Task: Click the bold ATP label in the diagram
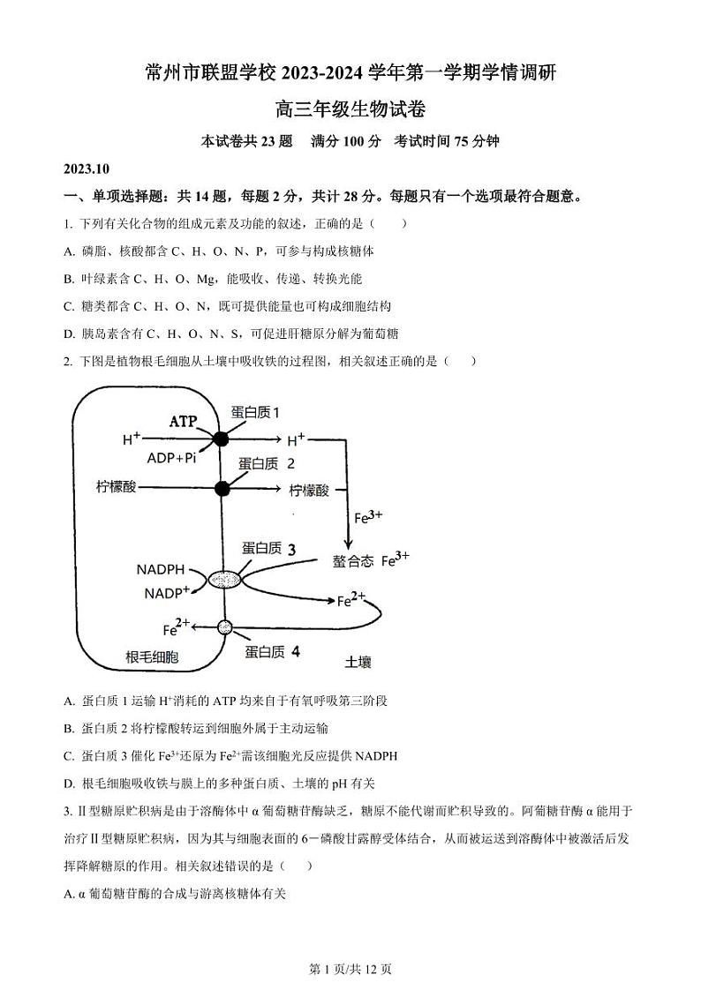tap(184, 422)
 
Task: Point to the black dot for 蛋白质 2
tap(222, 488)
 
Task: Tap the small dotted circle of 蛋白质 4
tap(224, 627)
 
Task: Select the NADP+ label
tap(167, 593)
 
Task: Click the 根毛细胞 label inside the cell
tap(152, 656)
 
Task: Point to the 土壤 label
tap(358, 660)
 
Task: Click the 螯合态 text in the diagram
tap(353, 561)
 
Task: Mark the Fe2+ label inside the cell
tap(177, 628)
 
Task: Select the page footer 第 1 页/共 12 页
tap(350, 969)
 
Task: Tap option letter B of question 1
tap(69, 279)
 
